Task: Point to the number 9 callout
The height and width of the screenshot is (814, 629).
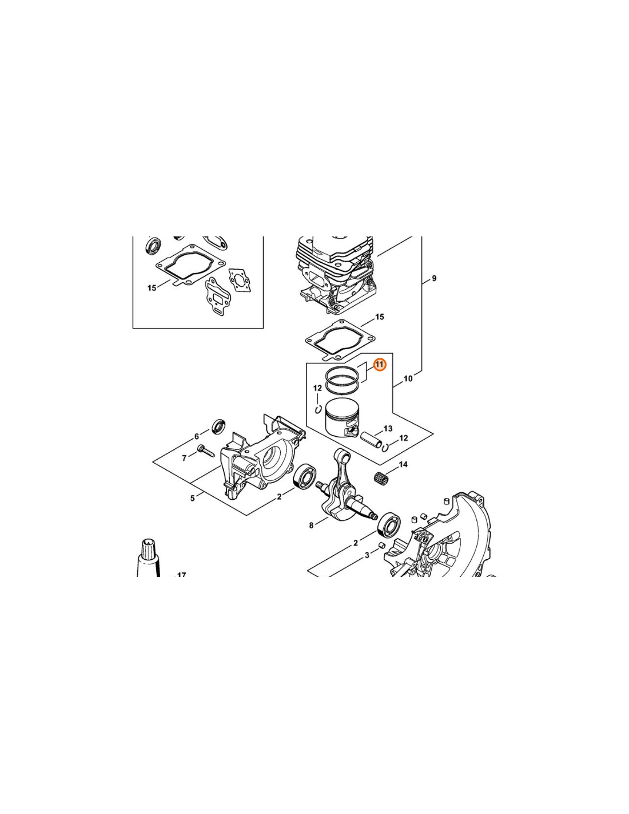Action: coord(434,278)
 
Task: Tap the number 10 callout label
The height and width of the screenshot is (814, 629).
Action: coord(408,378)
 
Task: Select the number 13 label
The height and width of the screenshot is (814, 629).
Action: coord(388,428)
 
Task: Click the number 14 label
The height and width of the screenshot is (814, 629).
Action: coord(403,464)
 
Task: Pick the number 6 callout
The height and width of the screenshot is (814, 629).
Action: coord(197,436)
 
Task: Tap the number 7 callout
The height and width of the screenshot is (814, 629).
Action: coord(184,458)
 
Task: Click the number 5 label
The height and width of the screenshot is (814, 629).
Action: coord(192,498)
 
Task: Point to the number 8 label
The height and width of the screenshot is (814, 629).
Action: coord(311,525)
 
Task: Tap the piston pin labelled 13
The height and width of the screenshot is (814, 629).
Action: coord(371,439)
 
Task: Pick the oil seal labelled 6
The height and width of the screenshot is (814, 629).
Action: coord(218,427)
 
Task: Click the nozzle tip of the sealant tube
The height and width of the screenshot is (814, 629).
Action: coord(149,542)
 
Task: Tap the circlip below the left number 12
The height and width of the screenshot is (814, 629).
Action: coord(319,410)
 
